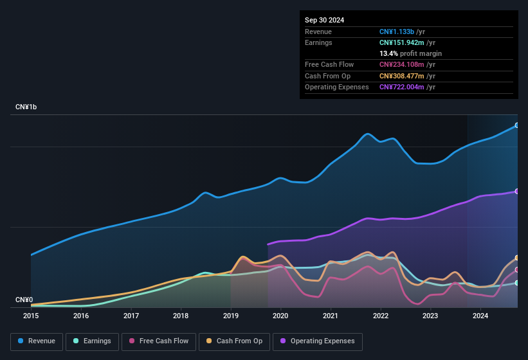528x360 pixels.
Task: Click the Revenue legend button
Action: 37,341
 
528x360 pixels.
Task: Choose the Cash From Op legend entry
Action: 235,341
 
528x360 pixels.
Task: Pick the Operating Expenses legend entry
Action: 318,341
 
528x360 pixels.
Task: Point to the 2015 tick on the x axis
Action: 31,316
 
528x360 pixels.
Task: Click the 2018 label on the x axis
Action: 181,316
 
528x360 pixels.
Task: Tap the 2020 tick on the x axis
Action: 280,316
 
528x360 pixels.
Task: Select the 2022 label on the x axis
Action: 380,316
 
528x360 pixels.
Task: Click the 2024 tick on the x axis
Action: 480,316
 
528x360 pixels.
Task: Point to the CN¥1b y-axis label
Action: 26,107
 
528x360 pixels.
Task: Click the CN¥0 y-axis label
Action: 24,300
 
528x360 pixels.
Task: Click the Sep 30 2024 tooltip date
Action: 325,20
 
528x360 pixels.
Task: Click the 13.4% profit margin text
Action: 410,53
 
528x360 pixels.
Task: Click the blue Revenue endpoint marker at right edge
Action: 517,125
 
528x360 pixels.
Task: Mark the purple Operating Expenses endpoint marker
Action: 517,192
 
